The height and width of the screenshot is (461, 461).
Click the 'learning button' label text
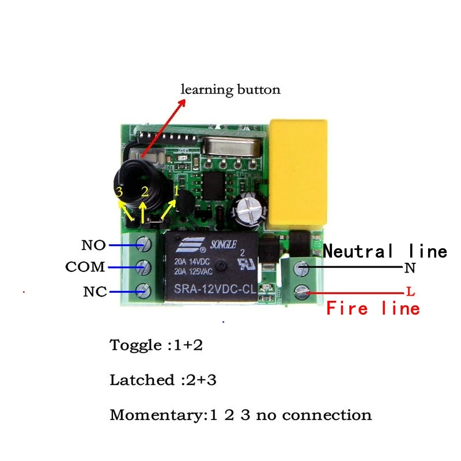point(231,90)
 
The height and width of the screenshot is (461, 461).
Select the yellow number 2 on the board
point(145,191)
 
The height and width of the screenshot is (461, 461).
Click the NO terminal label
point(94,246)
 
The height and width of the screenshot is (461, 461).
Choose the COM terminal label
point(85,267)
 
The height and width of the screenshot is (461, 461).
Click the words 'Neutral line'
point(385,251)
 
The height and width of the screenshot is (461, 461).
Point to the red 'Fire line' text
point(373,308)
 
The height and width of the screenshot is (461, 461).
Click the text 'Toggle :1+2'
point(156,346)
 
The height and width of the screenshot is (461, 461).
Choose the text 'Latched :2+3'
point(163,380)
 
